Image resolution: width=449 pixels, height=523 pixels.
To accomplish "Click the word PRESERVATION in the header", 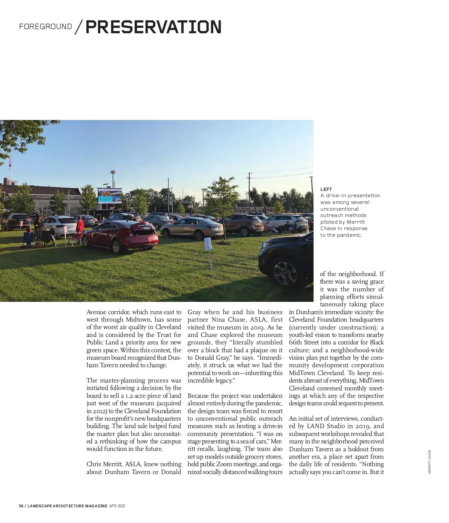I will tap(153, 27).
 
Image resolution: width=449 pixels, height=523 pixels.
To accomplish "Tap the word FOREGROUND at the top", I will tap(45, 27).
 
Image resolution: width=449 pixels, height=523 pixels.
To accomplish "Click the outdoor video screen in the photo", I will tap(110, 196).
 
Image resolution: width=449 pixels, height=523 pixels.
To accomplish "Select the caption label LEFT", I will tap(326, 189).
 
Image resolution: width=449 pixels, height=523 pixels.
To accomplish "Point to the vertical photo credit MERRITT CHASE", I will tap(430, 461).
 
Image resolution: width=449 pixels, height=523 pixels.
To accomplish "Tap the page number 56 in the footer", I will tap(21, 506).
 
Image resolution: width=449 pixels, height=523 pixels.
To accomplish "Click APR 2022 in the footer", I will tap(117, 506).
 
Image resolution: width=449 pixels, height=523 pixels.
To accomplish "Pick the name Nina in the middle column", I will tap(218, 320).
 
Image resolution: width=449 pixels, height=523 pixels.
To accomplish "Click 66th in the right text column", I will tap(295, 343).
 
